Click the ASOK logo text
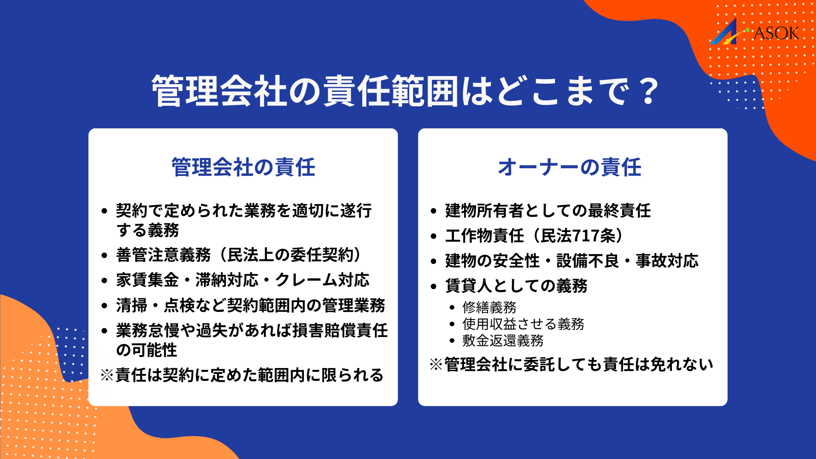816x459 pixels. click(x=776, y=33)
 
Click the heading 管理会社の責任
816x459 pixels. click(x=243, y=167)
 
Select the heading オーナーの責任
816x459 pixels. click(x=569, y=167)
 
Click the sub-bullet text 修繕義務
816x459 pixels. click(x=489, y=307)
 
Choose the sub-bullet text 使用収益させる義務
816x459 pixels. click(x=523, y=324)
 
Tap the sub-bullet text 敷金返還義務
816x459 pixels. click(x=503, y=341)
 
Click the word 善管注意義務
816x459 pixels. click(x=163, y=255)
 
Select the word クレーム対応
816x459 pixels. click(x=322, y=280)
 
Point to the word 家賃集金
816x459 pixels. click(x=147, y=280)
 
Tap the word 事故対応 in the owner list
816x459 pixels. click(x=667, y=261)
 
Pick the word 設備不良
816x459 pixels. click(x=588, y=261)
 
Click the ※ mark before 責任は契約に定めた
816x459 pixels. click(x=107, y=375)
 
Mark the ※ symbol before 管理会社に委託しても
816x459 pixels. click(x=436, y=365)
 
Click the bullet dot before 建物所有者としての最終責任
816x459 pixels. click(x=433, y=211)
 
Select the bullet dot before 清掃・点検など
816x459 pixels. click(x=105, y=306)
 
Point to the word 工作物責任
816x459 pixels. click(x=484, y=236)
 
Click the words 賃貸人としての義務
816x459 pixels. click(x=516, y=286)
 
